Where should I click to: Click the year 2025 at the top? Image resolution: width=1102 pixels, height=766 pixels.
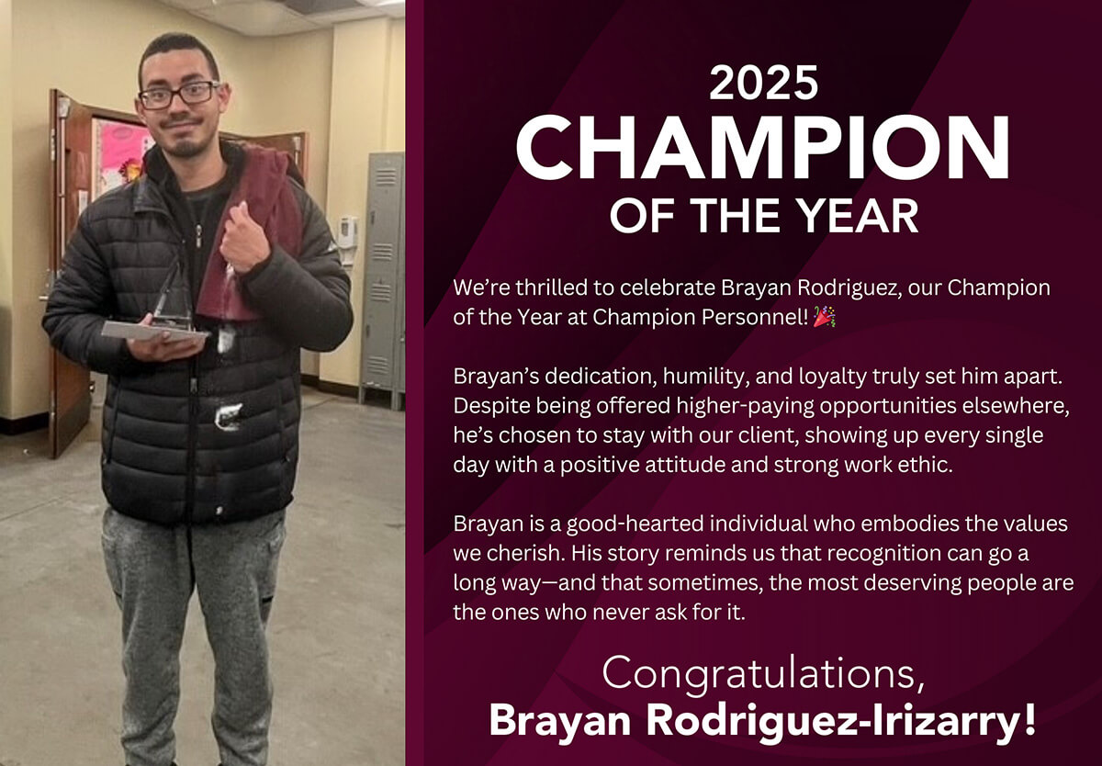point(763,84)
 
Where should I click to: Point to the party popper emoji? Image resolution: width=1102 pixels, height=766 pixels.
point(825,317)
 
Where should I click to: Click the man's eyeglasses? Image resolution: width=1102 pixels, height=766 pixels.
point(180,94)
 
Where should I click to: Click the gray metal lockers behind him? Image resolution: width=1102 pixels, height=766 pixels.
point(382,276)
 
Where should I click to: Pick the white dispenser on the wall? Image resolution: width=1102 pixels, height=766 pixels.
point(346,232)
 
